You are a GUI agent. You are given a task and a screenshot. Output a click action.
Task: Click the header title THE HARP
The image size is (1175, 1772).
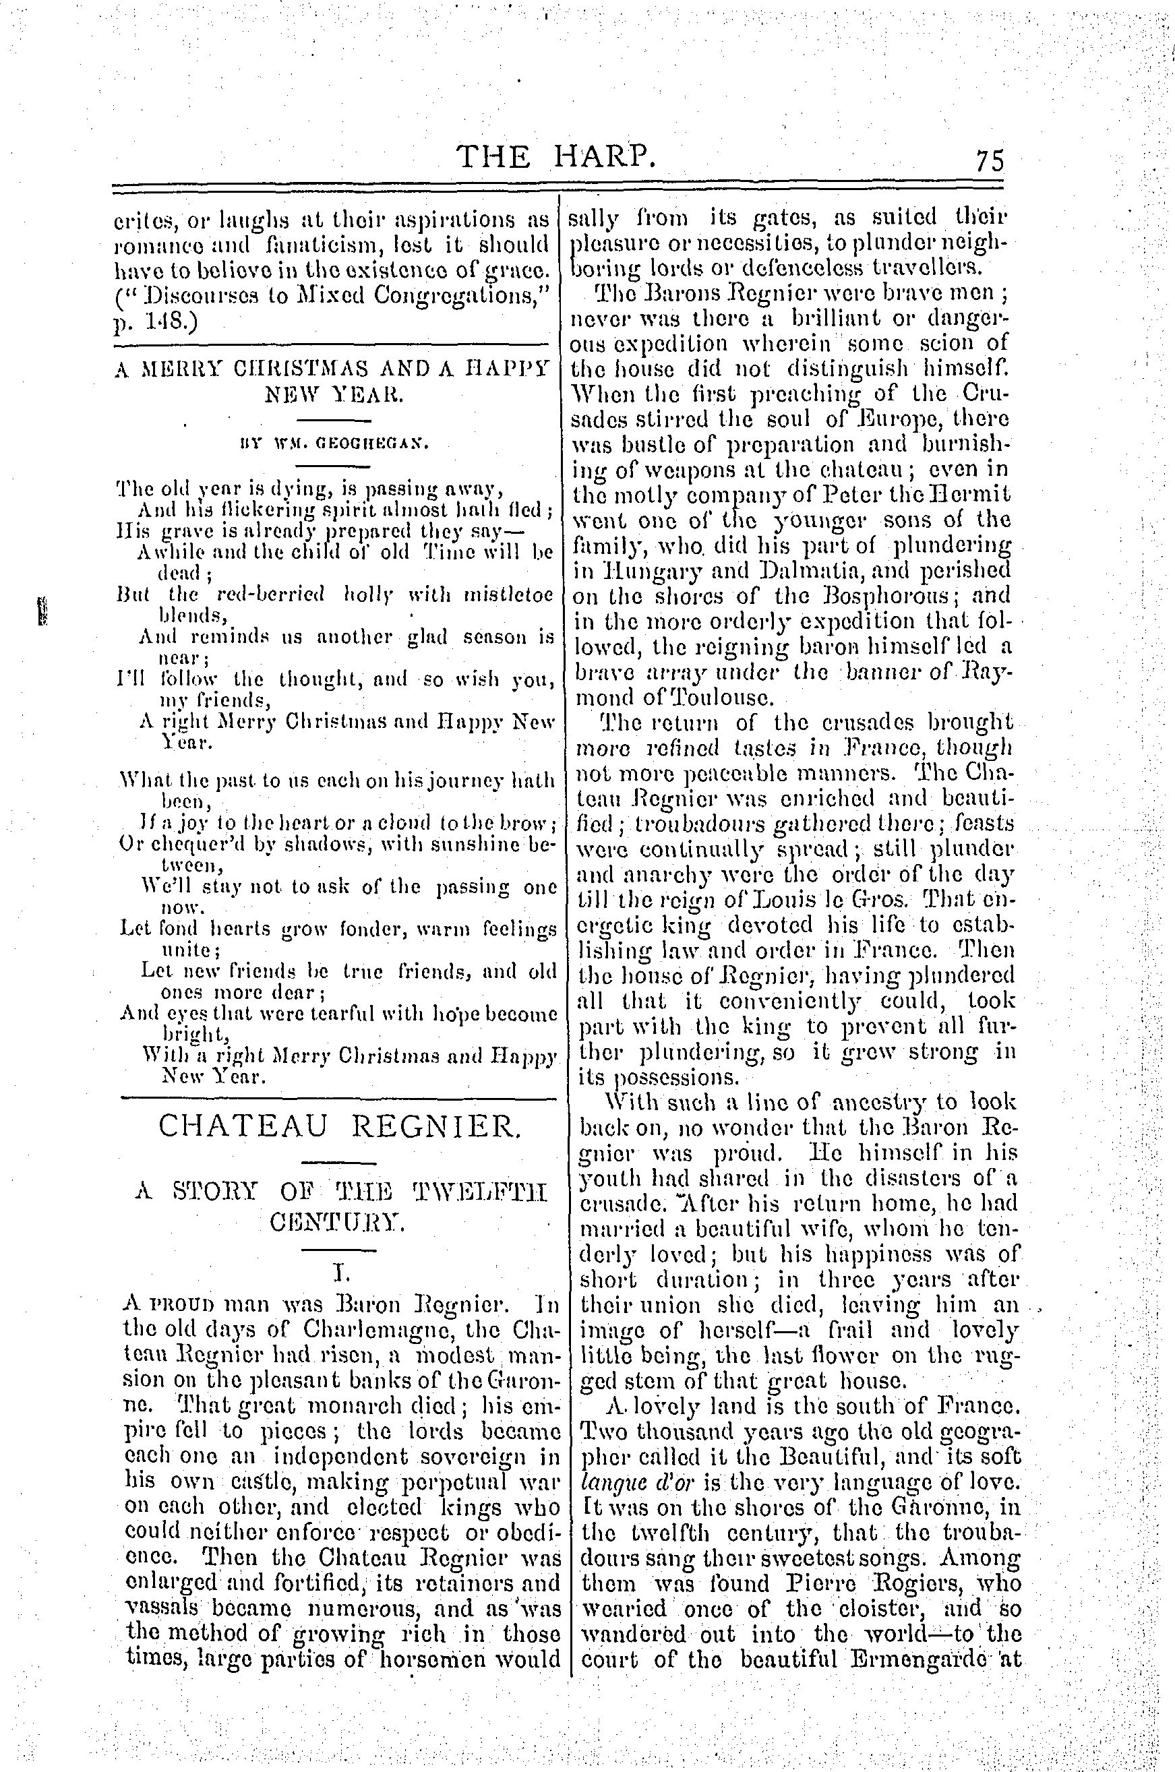[x=558, y=156]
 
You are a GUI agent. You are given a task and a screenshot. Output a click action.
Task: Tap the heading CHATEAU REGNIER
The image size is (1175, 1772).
[x=338, y=1126]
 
